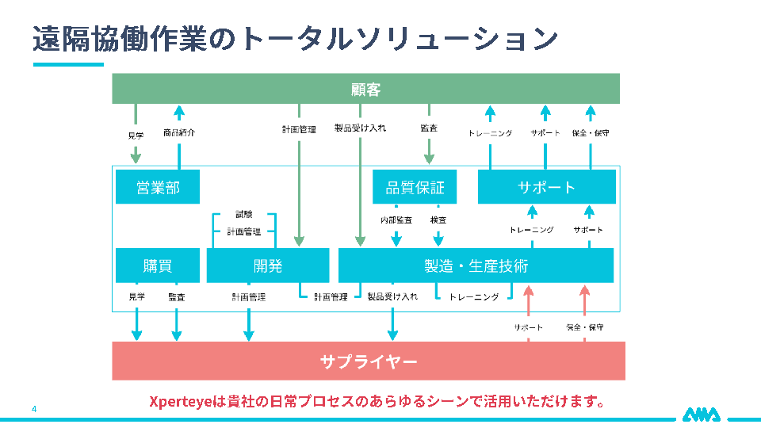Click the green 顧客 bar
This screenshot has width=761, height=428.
coord(365,89)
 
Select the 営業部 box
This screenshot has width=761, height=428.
coord(158,187)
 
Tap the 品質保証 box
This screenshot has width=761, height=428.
coord(415,187)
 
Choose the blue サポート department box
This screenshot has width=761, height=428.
coord(546,187)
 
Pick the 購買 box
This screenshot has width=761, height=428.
coord(158,266)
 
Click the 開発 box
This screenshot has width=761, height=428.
coord(268,266)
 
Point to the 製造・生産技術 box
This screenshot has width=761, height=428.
coord(476,266)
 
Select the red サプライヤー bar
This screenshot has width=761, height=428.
coord(369,361)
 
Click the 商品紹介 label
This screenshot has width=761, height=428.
coord(178,133)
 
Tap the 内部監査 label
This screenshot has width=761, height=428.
coord(396,220)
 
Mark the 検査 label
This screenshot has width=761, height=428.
coord(438,220)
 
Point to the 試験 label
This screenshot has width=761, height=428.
coord(243,214)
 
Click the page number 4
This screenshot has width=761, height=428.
coord(34,409)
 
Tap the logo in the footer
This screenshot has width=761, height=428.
coord(701,415)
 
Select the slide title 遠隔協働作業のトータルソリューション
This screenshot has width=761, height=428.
coord(295,38)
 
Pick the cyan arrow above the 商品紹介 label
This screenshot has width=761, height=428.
coord(178,113)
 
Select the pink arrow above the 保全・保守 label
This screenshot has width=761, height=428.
coord(585,301)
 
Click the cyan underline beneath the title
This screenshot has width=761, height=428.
coord(68,64)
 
